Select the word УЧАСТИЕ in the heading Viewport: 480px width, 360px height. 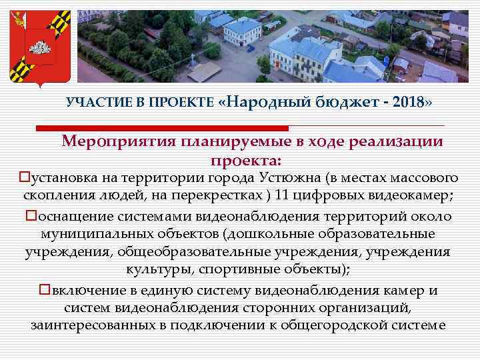[93, 102]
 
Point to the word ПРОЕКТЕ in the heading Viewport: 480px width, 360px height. [181, 102]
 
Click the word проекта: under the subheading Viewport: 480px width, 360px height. [246, 160]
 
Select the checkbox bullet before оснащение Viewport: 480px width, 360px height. [31, 217]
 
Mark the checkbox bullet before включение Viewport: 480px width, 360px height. [45, 290]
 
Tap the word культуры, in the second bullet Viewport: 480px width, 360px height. [157, 271]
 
